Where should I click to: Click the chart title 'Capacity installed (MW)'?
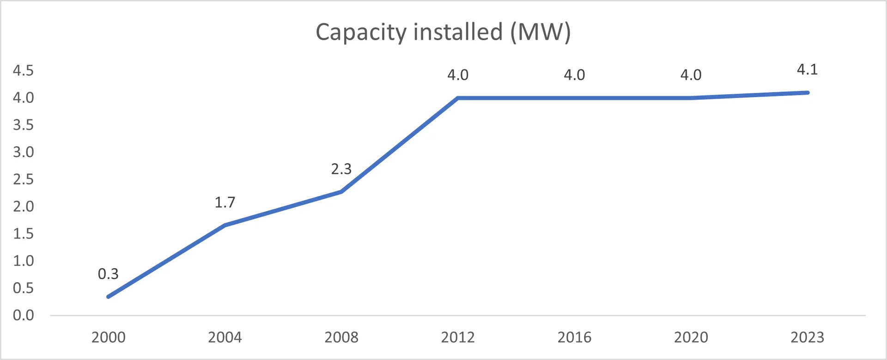pos(443,32)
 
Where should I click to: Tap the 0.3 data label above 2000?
pos(108,274)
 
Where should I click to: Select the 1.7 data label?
pos(225,202)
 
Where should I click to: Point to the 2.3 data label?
pos(341,169)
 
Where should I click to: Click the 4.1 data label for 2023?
pos(808,70)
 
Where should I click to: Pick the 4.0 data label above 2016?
pos(574,75)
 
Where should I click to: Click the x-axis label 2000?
pos(108,337)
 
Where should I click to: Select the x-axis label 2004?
pos(225,337)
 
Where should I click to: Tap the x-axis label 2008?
pos(341,337)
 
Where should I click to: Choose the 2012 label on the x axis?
pos(458,337)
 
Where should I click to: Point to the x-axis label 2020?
pos(691,337)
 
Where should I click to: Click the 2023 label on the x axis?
pos(807,337)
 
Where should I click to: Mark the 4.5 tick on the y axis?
pos(23,71)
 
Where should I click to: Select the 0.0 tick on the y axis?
pos(23,316)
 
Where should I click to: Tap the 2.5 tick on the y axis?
pos(23,179)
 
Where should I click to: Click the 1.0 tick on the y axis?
pos(23,261)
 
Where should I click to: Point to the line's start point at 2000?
pos(109,297)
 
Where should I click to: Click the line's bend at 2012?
pos(458,98)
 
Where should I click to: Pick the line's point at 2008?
pos(341,191)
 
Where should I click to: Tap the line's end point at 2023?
pos(807,92)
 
